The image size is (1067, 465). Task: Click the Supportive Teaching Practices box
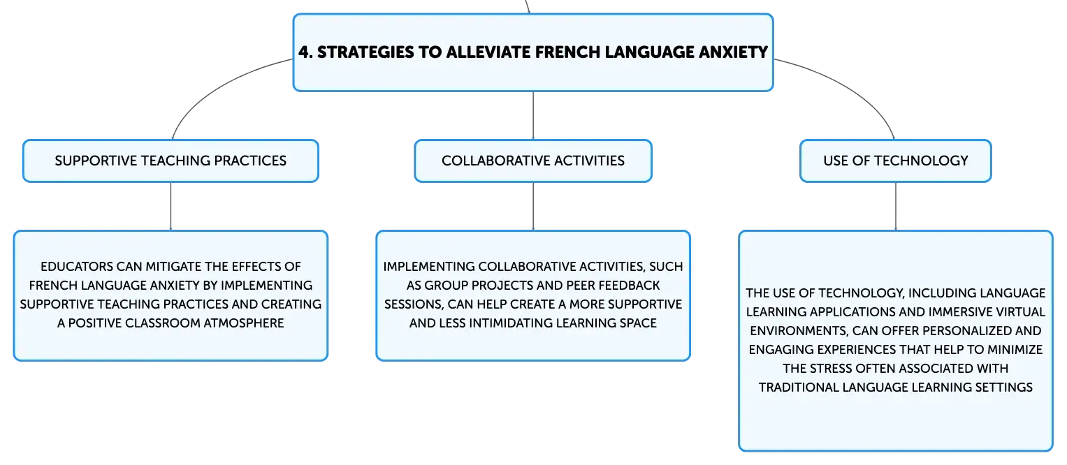pos(170,161)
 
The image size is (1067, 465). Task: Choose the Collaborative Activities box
pos(533,161)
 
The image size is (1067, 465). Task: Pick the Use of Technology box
pos(896,161)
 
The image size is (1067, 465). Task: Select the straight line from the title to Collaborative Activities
pos(533,115)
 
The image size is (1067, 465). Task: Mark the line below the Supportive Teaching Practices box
pos(170,206)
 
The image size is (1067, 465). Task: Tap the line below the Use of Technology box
pos(896,206)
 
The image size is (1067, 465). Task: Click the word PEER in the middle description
pos(580,286)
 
